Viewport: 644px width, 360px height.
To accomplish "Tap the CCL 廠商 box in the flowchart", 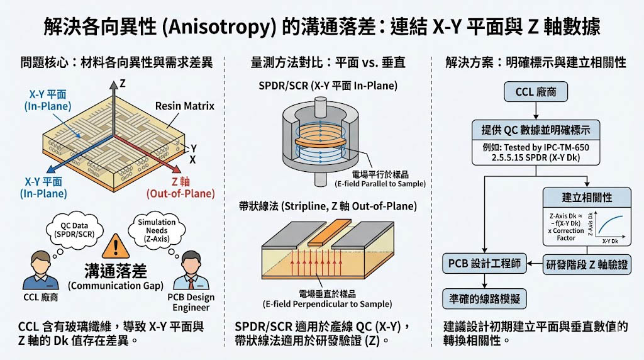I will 535,93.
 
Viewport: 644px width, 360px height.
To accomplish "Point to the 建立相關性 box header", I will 586,197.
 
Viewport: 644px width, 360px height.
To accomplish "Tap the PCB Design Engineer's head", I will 192,264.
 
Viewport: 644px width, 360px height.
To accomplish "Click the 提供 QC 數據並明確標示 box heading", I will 535,130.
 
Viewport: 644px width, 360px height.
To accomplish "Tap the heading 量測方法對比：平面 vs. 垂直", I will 328,62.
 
